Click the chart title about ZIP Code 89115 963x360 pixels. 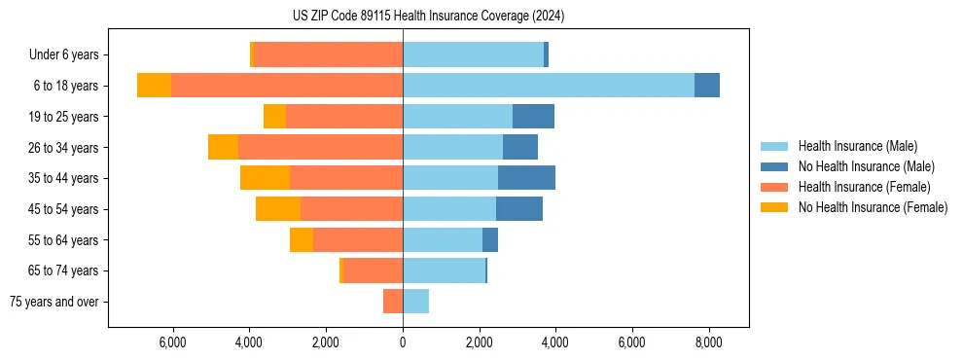point(428,17)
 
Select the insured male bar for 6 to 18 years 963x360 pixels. point(548,86)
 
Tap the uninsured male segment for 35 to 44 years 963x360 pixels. point(526,178)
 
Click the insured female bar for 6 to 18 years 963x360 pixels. point(287,86)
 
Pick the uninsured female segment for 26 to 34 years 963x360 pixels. point(223,147)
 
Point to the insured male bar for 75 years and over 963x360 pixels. point(415,302)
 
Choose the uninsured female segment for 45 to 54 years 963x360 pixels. point(278,209)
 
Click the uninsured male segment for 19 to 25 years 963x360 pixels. point(533,117)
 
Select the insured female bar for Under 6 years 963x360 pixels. point(328,54)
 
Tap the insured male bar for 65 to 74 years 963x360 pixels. point(444,270)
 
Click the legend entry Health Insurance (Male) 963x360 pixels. point(857,146)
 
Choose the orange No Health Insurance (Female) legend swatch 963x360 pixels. point(774,207)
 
